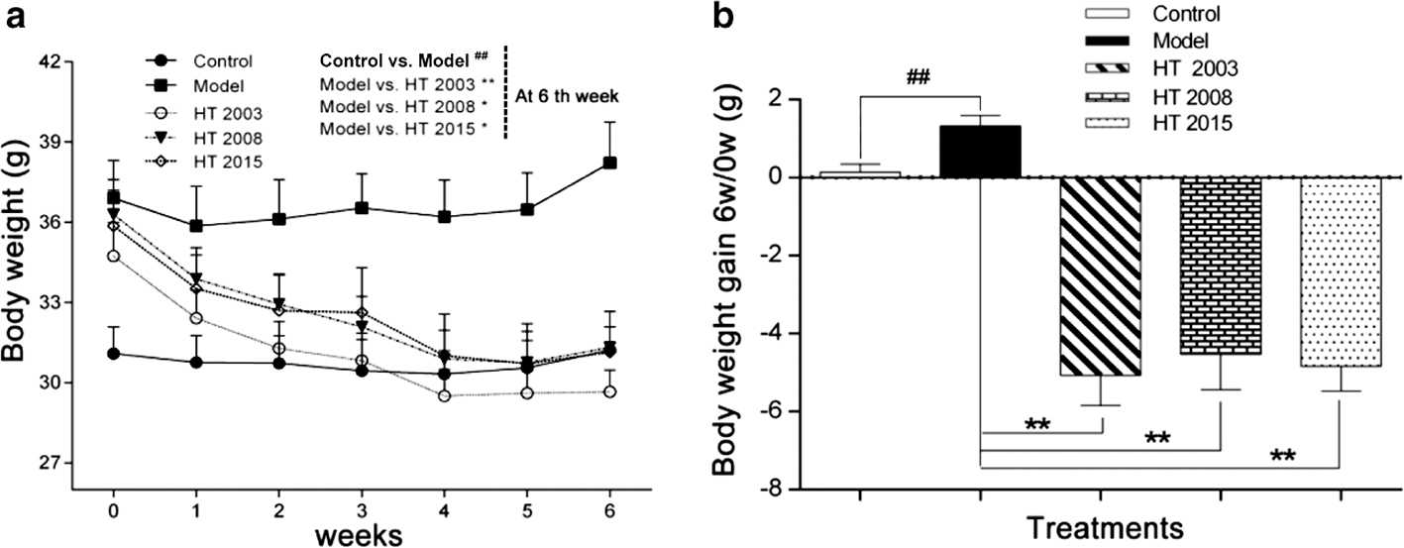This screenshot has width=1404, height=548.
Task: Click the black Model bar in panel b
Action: point(980,152)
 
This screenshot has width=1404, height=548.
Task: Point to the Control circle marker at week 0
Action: point(114,354)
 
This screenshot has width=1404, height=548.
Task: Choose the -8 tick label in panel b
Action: point(778,489)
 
